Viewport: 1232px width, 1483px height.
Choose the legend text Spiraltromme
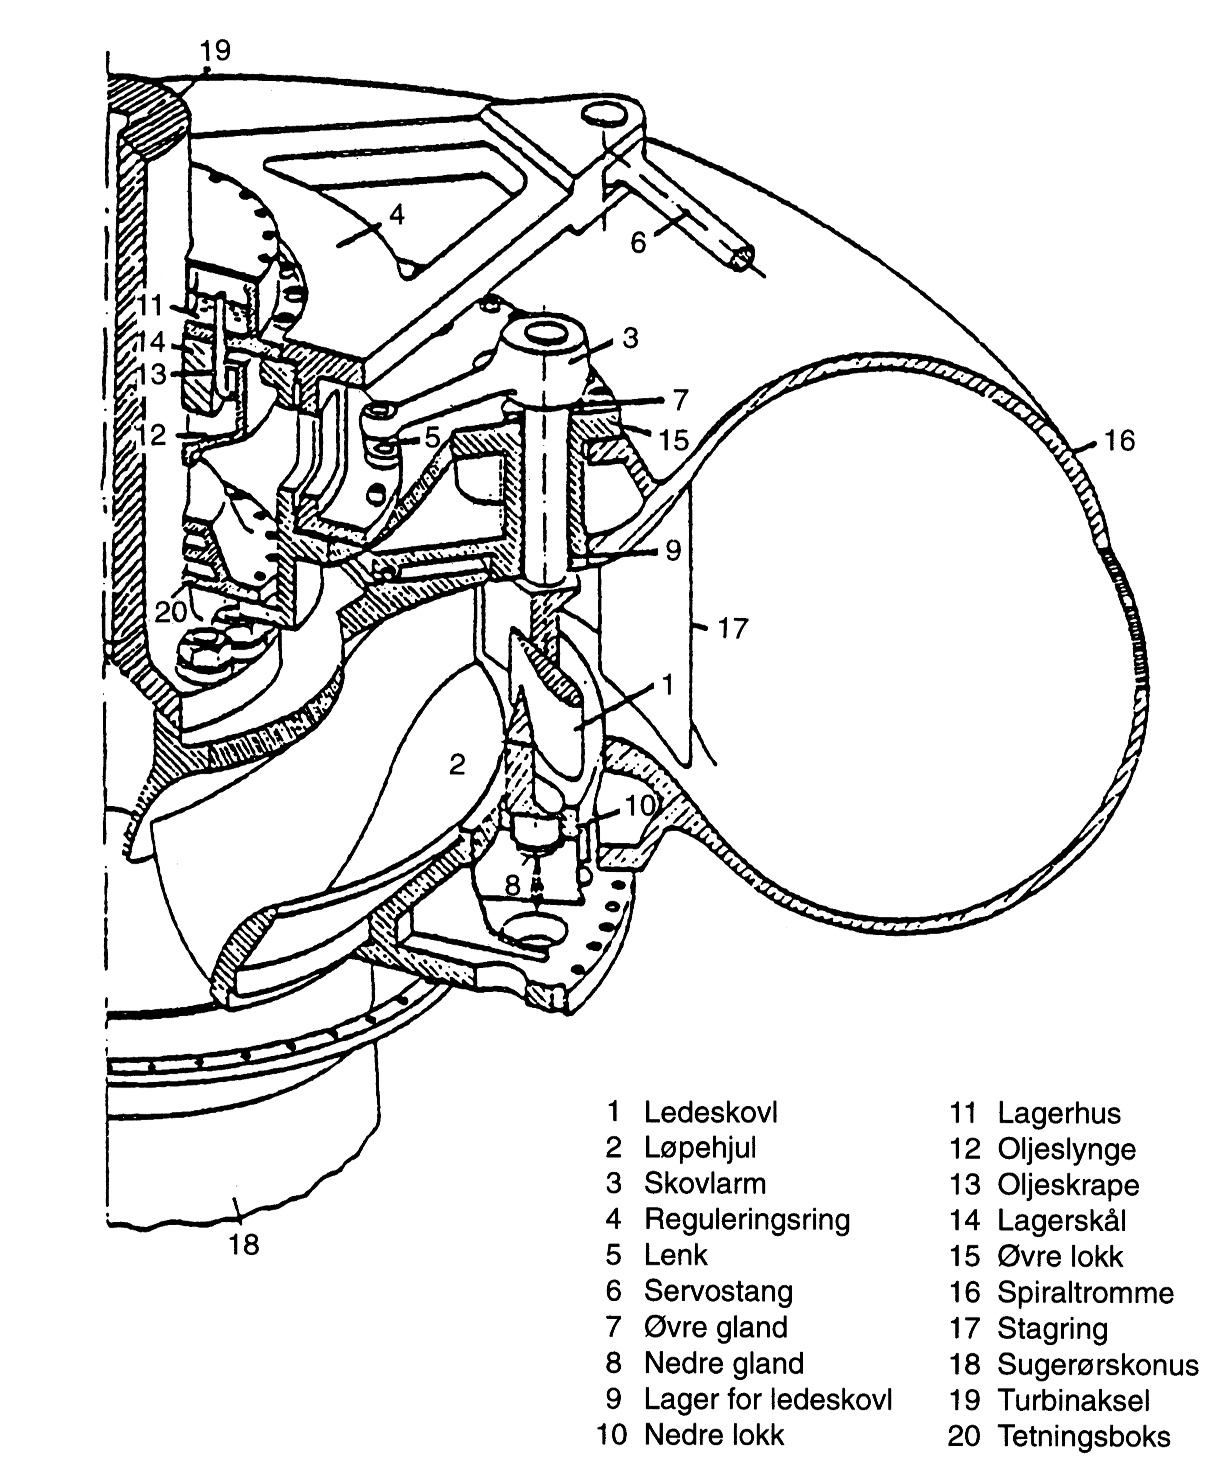pyautogui.click(x=1085, y=1292)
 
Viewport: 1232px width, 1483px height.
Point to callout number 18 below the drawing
pyautogui.click(x=244, y=1244)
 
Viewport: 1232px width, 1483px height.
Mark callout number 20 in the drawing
pyautogui.click(x=171, y=612)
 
